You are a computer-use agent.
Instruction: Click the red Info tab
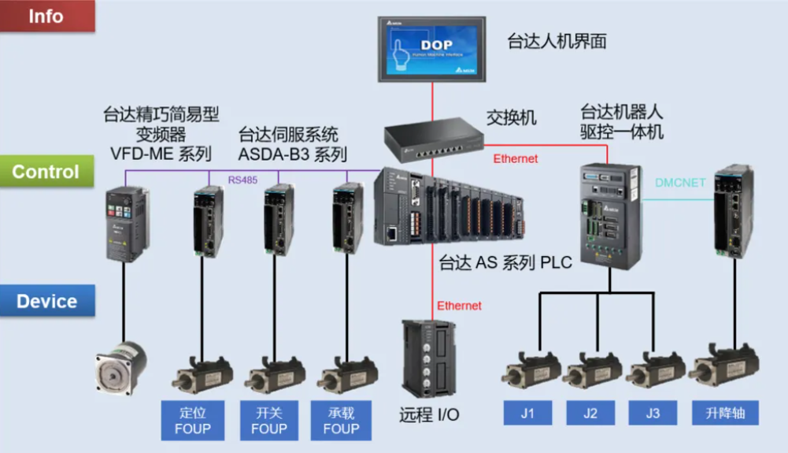click(x=47, y=16)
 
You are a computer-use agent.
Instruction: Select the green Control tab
click(x=47, y=172)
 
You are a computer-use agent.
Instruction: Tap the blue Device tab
click(x=47, y=301)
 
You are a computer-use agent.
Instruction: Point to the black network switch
click(x=433, y=139)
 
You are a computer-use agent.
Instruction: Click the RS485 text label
click(x=242, y=180)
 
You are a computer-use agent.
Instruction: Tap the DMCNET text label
click(x=681, y=184)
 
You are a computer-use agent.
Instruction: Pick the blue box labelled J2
click(x=591, y=412)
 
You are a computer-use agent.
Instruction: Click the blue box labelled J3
click(x=653, y=412)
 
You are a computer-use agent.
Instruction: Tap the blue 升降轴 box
click(x=724, y=412)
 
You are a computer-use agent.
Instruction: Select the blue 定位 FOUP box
click(x=193, y=420)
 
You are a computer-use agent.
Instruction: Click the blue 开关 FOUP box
click(x=268, y=420)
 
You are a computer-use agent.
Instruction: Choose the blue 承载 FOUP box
click(x=341, y=420)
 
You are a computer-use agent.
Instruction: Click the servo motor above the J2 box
click(x=596, y=371)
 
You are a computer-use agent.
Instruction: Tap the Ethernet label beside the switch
click(x=516, y=158)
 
